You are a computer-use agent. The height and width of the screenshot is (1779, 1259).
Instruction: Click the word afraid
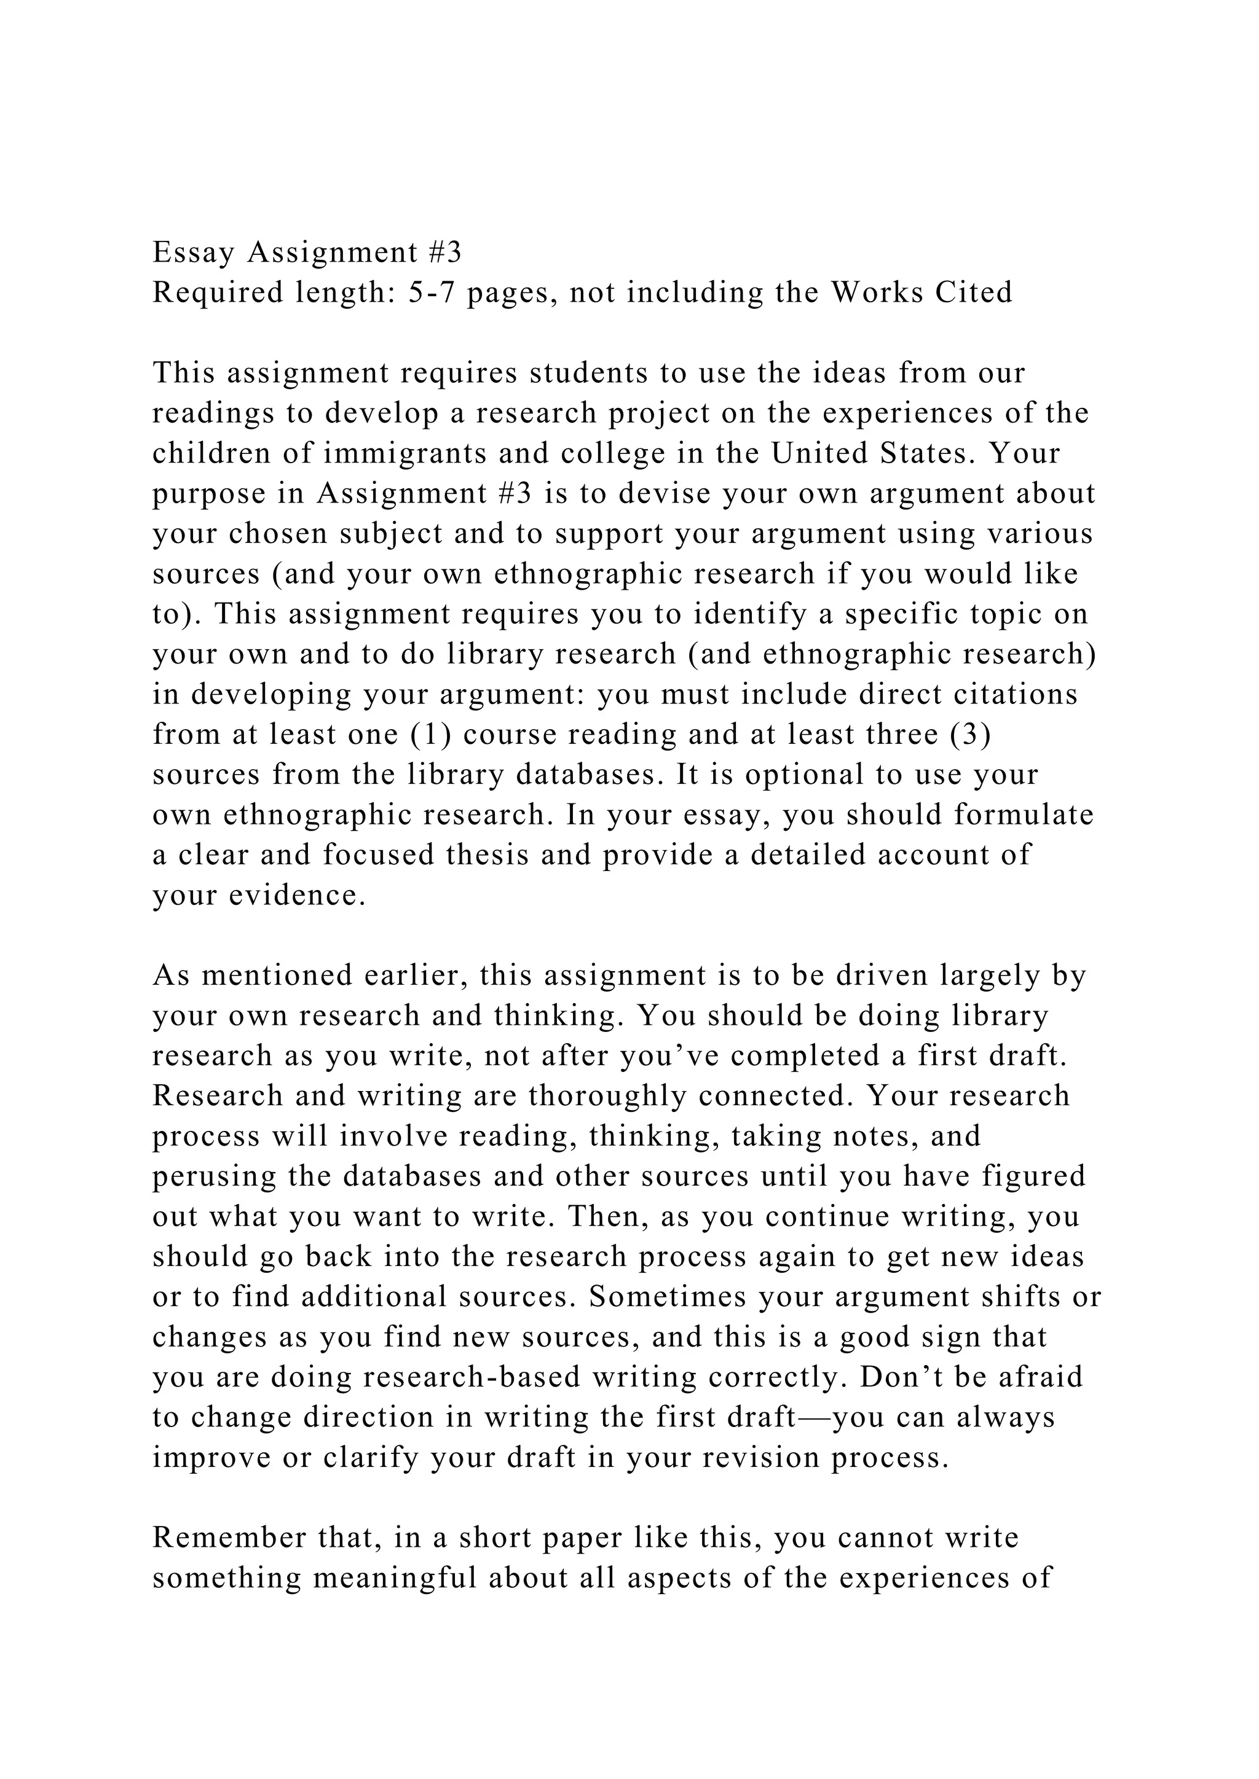click(x=1040, y=1377)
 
